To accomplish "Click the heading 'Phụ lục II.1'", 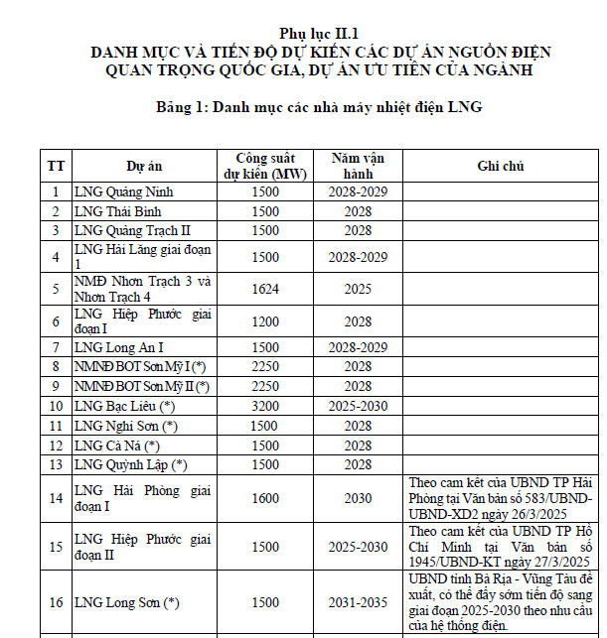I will click(318, 32).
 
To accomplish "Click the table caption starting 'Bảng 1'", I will click(318, 106).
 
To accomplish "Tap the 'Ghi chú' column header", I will click(501, 166).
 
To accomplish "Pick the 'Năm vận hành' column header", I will click(358, 166).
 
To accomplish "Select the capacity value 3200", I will click(264, 406).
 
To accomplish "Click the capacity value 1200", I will click(264, 321).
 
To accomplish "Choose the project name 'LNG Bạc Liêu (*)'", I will click(125, 406).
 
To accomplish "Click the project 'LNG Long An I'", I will click(119, 347).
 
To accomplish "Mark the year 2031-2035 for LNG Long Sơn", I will click(358, 602).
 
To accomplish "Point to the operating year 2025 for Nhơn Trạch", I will click(358, 289).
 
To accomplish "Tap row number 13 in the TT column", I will click(57, 464).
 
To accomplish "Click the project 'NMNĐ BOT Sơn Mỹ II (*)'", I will click(142, 386).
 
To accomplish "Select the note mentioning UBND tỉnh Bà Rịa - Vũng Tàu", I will click(501, 602).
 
